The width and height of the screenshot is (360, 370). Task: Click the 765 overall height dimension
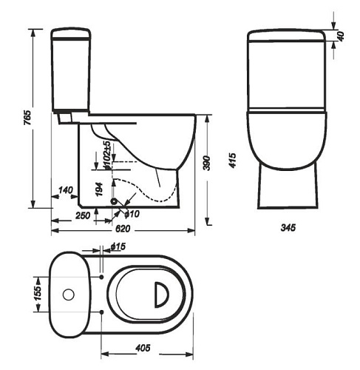27,118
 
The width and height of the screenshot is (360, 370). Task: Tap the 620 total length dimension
123,229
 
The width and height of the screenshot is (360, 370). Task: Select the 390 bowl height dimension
206,163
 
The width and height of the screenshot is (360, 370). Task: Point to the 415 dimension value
232,161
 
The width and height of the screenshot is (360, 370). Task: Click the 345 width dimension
288,228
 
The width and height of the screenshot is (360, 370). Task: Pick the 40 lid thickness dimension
340,36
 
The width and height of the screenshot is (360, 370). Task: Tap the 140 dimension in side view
66,190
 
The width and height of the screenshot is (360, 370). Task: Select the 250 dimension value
83,215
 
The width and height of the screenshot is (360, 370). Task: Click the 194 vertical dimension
99,189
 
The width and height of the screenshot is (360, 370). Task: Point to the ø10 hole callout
132,214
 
